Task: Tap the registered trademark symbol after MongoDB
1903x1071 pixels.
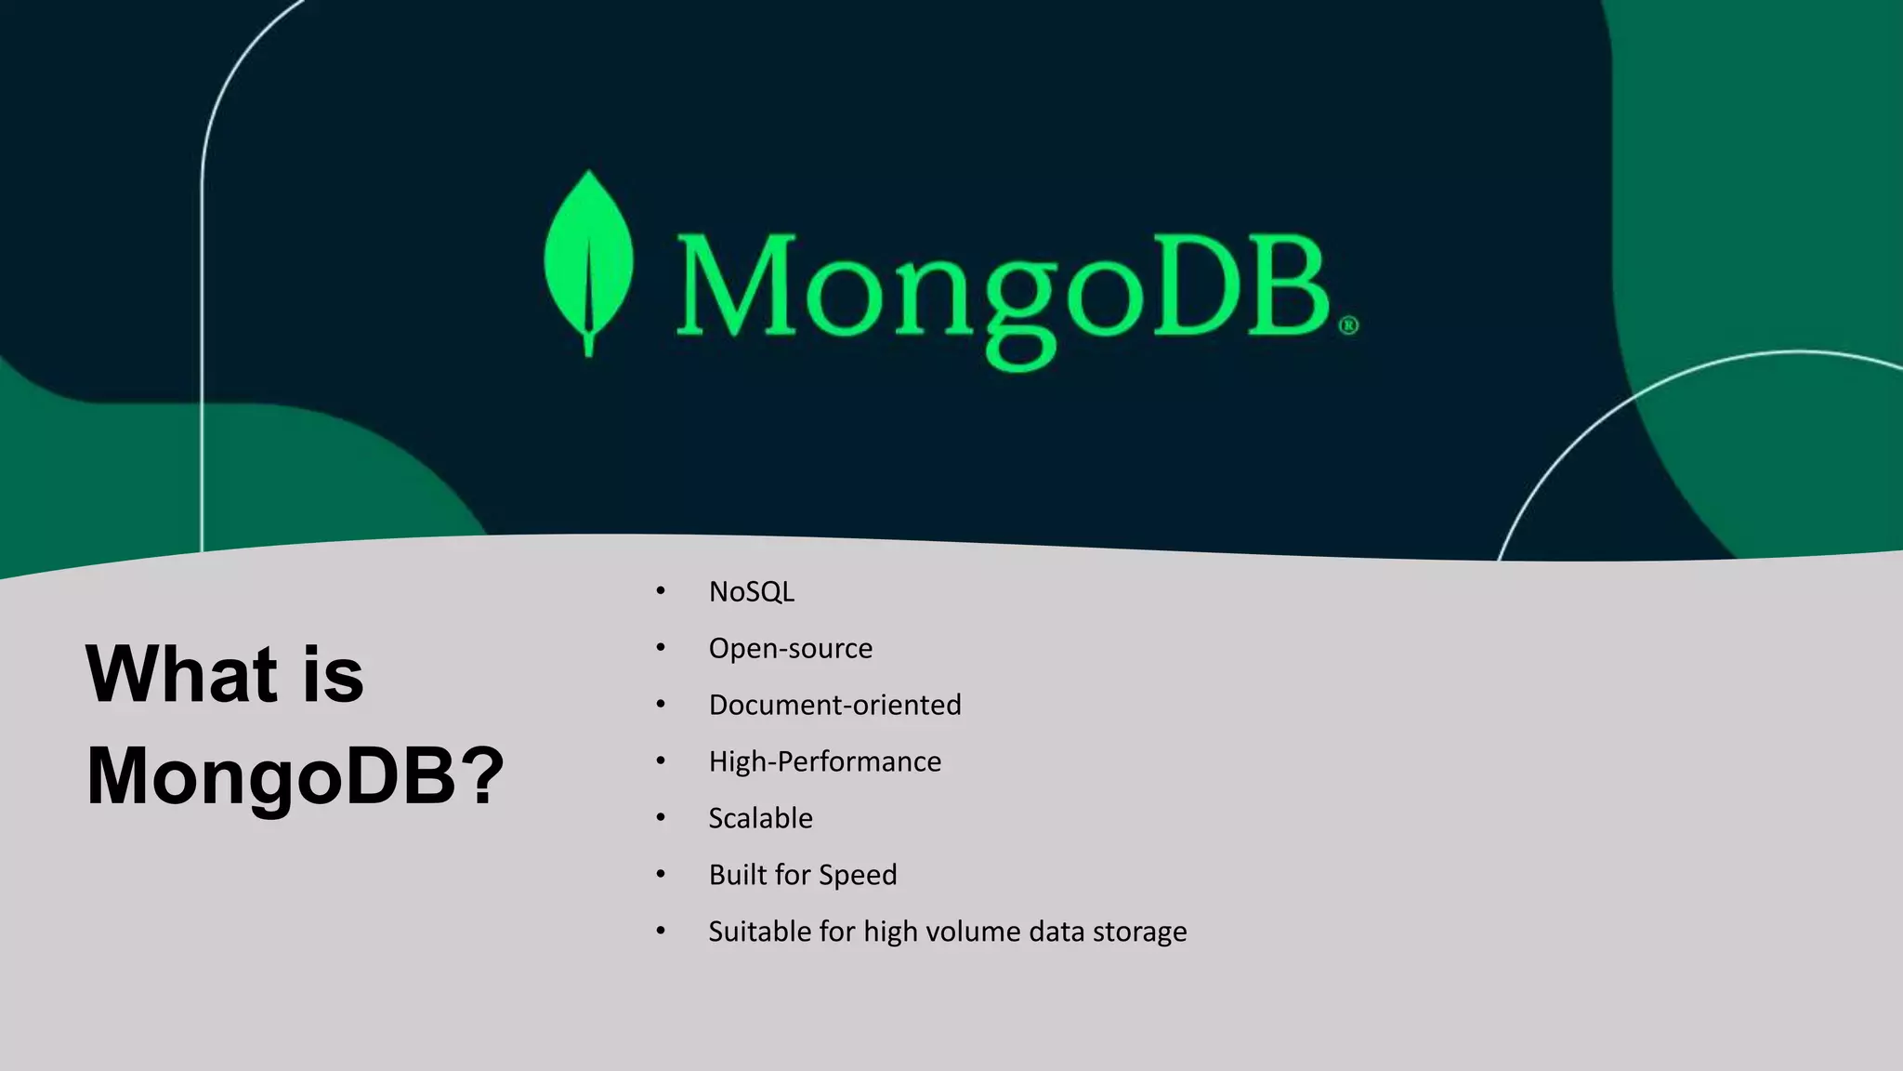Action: (x=1348, y=325)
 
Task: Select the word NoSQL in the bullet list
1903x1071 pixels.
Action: (x=751, y=592)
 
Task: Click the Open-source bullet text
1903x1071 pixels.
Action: (x=790, y=649)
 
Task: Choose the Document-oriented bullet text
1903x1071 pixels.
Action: (x=834, y=706)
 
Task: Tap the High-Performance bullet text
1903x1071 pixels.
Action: (x=824, y=762)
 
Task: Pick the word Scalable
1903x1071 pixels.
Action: (x=760, y=819)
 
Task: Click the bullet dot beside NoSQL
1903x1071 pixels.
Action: (x=661, y=591)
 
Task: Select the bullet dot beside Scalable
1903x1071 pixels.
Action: (x=661, y=818)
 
